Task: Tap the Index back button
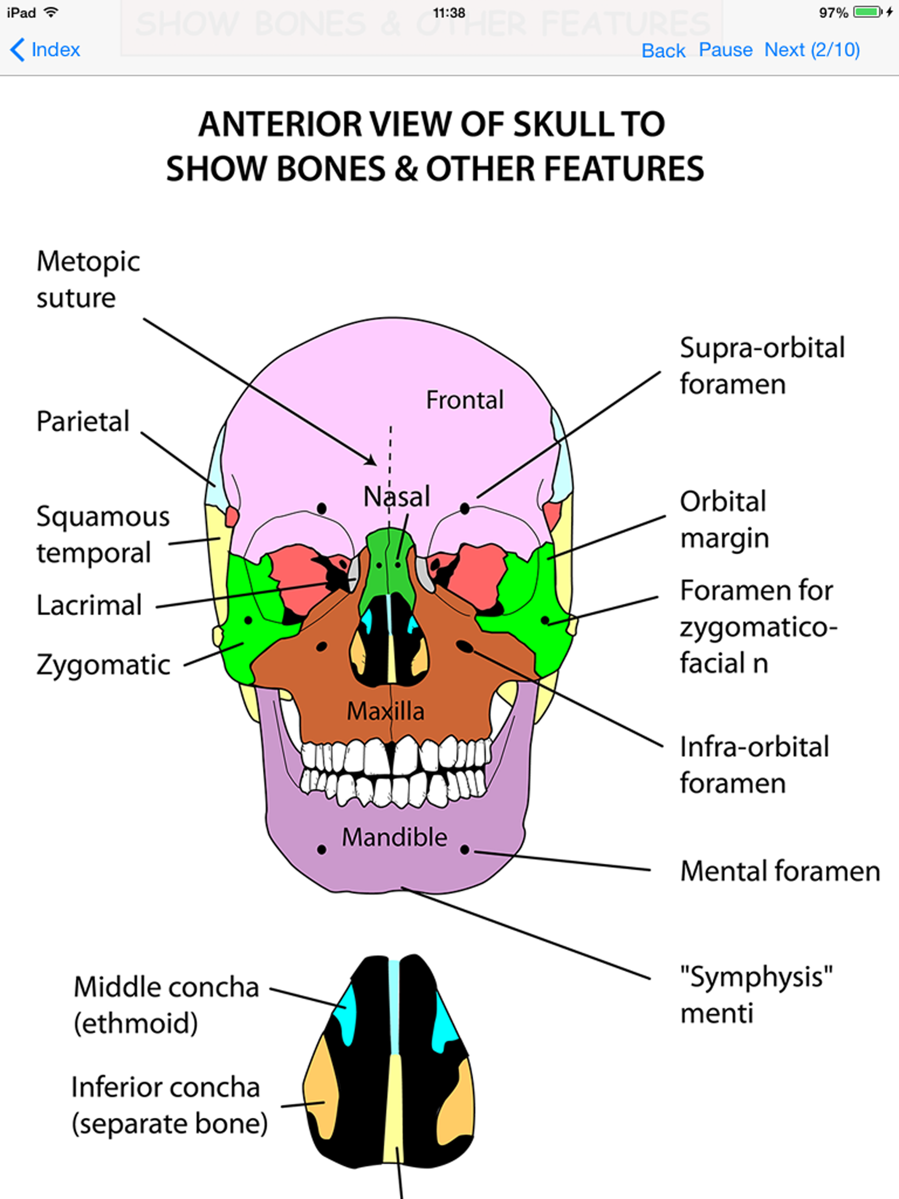[x=46, y=50]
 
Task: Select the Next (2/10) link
[x=812, y=50]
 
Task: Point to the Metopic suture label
[x=88, y=279]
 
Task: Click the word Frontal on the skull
[x=465, y=400]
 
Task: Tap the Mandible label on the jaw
[x=394, y=837]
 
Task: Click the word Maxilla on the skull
[x=385, y=711]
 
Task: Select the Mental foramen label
[x=780, y=871]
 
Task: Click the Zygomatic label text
[x=103, y=664]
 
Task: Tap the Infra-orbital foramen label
[x=754, y=765]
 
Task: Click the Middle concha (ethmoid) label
[x=166, y=1005]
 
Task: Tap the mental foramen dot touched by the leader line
[x=465, y=849]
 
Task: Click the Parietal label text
[x=83, y=421]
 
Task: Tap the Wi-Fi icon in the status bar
[x=51, y=12]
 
